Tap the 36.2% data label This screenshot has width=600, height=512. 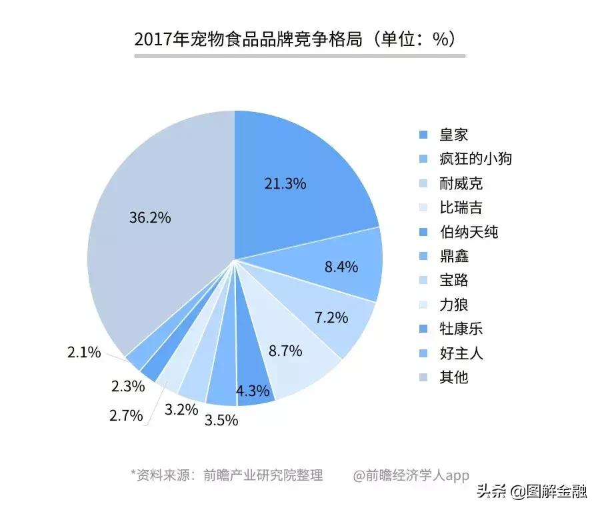pos(150,217)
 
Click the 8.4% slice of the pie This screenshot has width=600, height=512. pos(341,267)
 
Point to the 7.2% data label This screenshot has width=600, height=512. pos(331,318)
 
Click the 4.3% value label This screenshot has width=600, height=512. pos(253,391)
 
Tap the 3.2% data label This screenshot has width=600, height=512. pos(181,409)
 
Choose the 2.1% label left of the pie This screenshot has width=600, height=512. pos(84,352)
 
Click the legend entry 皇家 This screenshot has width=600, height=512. pos(453,135)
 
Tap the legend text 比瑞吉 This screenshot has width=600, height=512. pos(461,207)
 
